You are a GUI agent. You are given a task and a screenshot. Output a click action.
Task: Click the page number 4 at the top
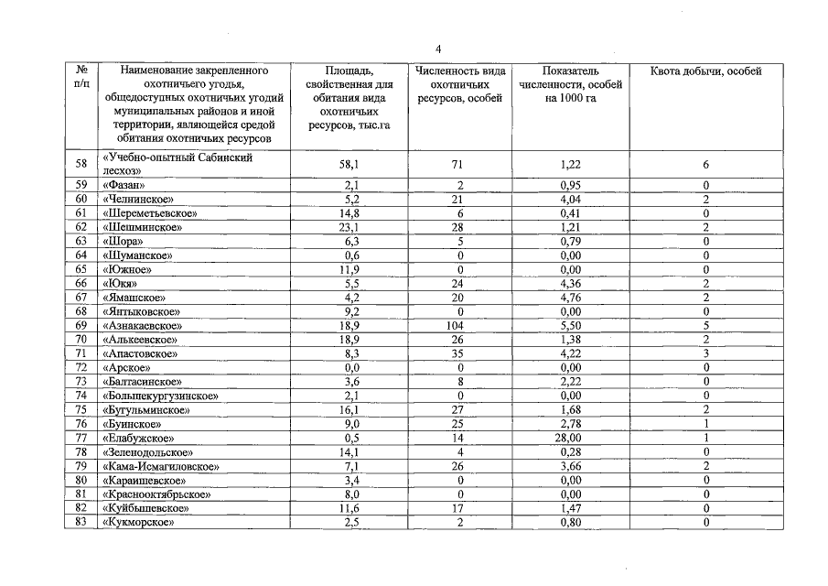(438, 49)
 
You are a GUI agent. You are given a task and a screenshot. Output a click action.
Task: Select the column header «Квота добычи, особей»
(705, 71)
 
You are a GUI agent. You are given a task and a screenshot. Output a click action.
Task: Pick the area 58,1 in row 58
(348, 165)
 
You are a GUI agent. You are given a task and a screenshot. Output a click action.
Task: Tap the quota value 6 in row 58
(705, 165)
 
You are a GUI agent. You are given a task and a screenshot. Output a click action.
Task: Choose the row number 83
(81, 523)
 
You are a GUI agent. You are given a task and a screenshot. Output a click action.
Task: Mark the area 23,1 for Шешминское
(348, 226)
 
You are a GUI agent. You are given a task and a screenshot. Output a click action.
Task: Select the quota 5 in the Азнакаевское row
(705, 325)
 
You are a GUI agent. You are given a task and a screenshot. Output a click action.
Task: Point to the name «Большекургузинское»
(160, 396)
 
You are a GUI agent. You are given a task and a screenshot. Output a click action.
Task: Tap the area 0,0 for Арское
(348, 367)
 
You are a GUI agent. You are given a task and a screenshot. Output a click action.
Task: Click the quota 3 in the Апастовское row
(705, 353)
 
